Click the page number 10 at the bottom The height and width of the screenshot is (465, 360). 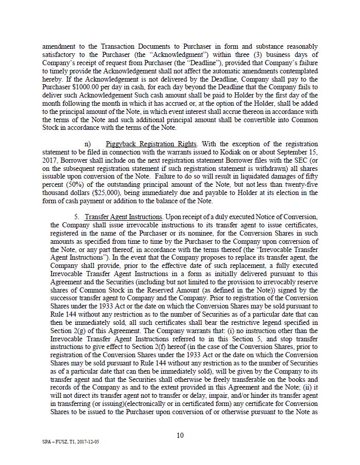coord(180,435)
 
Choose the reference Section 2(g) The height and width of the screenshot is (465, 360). coord(68,323)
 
